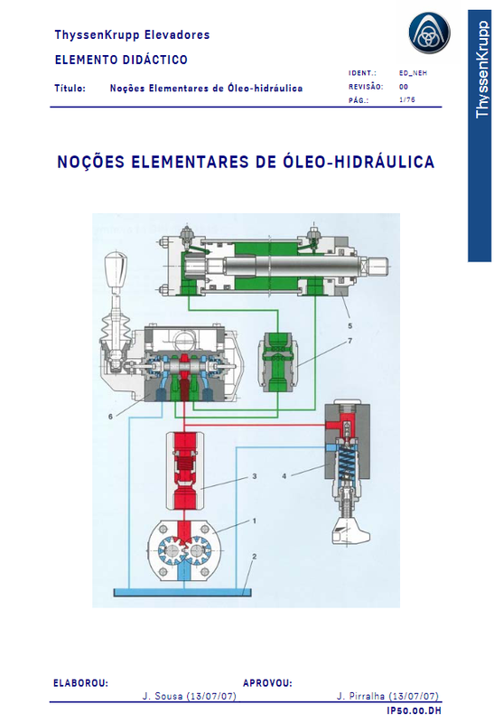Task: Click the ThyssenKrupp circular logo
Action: coord(428,34)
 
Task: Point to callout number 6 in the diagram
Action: coord(110,417)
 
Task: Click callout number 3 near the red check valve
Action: coord(256,475)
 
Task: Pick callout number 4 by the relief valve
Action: coord(284,475)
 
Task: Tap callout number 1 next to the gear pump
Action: coord(254,521)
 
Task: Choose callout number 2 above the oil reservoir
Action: coord(255,557)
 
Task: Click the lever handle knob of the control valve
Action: coord(114,268)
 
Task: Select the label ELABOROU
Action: coord(80,683)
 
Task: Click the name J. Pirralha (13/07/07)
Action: coord(387,697)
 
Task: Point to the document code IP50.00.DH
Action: coord(414,712)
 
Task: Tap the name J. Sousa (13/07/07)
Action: coord(190,697)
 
